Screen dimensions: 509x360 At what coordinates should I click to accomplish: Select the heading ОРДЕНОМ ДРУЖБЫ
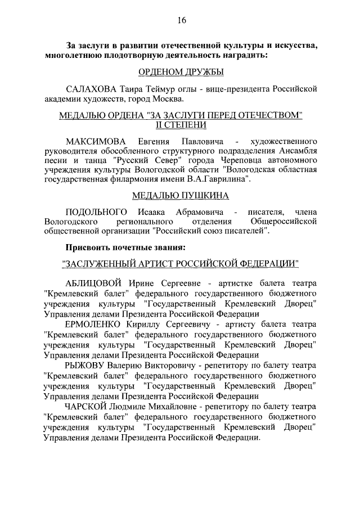tap(181, 72)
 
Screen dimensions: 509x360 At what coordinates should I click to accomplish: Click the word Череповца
tap(246, 159)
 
